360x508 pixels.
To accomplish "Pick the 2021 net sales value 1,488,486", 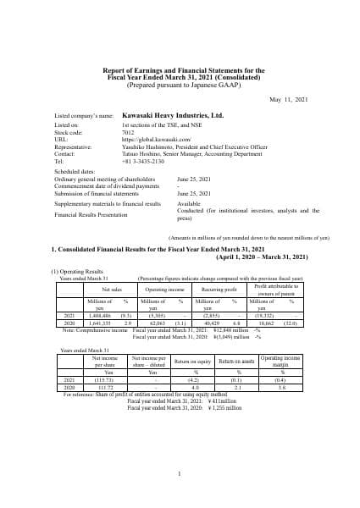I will coord(97,314).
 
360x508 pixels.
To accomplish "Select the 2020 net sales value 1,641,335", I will coord(97,321).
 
